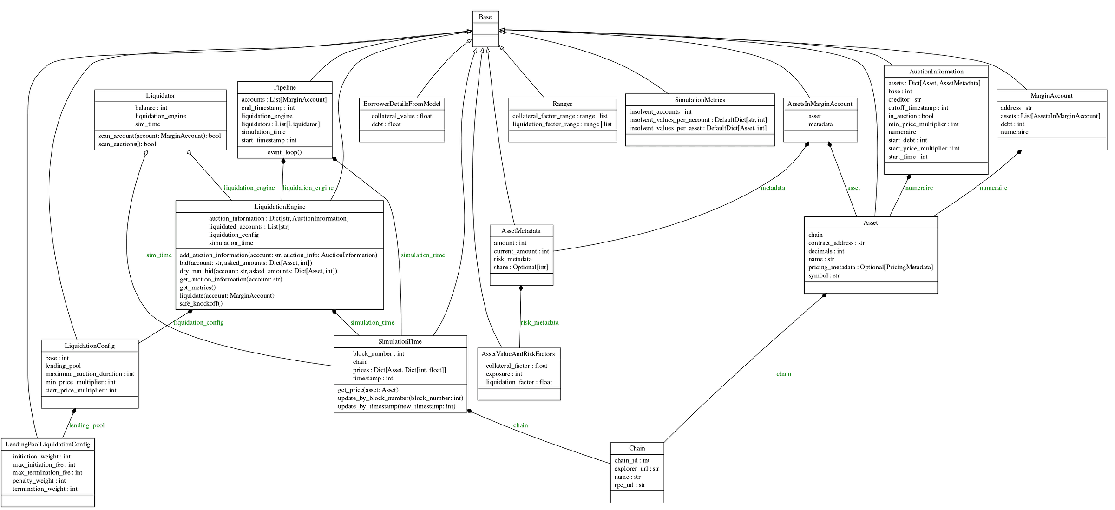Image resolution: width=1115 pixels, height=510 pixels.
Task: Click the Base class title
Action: coord(485,17)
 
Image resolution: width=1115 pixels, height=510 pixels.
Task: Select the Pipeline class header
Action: coord(284,88)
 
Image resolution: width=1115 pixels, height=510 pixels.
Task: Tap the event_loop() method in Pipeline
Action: coord(284,152)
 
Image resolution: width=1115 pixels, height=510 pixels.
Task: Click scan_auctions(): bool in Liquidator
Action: coord(127,144)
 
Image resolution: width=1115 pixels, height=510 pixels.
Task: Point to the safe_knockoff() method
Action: coord(201,304)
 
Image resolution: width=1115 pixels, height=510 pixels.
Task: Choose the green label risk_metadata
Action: coord(539,323)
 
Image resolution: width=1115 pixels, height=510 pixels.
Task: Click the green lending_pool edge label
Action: coord(87,425)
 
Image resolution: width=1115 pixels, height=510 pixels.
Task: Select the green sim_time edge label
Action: coord(159,255)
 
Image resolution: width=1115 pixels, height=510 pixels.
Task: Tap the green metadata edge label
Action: coord(773,188)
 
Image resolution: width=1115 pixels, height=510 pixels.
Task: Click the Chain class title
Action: coord(636,449)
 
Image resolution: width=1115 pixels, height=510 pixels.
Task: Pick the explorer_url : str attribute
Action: coord(636,469)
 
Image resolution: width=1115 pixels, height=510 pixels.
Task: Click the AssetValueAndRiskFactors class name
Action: coord(518,354)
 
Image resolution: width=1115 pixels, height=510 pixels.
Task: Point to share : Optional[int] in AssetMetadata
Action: coord(521,268)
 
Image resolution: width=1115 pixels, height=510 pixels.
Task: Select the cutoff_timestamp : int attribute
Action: coord(918,108)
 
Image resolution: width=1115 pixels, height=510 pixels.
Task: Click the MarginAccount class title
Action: coord(1051,96)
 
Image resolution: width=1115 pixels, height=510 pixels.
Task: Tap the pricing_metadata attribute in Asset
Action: coord(870,268)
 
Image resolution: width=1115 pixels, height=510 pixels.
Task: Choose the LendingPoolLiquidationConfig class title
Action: coord(47,445)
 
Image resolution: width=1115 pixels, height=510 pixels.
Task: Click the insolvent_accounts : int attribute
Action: coord(660,112)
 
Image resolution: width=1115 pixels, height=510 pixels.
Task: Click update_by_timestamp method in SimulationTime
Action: coord(396,407)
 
